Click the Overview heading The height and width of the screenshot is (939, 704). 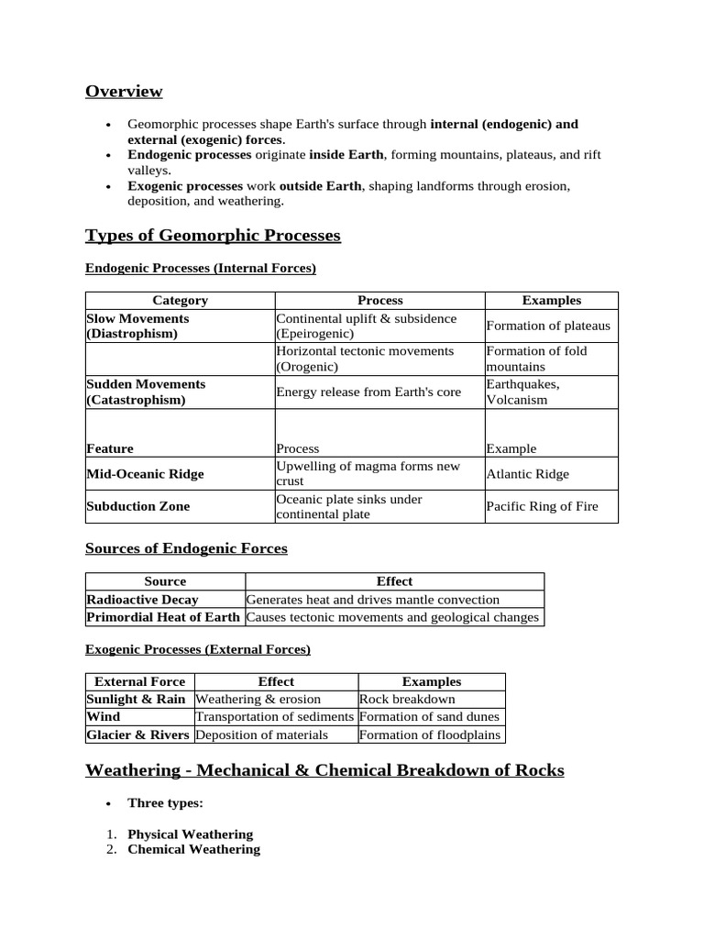[124, 91]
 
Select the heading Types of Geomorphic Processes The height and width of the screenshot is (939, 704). [213, 236]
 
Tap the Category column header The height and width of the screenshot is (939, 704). [180, 300]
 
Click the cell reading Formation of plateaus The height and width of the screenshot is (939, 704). [548, 326]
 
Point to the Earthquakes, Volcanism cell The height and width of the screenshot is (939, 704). [522, 392]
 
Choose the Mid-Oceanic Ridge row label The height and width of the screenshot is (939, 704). [145, 474]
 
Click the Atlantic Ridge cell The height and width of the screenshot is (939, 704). [527, 474]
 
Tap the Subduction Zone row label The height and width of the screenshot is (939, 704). [138, 506]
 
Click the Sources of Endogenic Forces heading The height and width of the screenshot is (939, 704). [186, 548]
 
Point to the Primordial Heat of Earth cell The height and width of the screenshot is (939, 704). [162, 617]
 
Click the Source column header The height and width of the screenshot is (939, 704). [165, 581]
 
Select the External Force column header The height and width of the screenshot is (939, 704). [140, 681]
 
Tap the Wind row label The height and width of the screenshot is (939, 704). [104, 716]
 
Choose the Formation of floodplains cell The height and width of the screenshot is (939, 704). [430, 735]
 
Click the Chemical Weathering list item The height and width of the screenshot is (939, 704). [193, 849]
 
